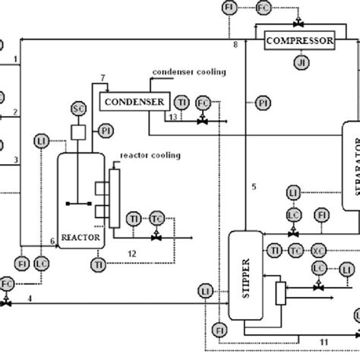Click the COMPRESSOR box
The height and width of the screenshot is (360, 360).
click(298, 39)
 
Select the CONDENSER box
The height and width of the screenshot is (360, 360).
click(125, 100)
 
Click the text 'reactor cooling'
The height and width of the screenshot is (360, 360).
click(150, 155)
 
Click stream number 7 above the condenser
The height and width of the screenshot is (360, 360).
click(104, 79)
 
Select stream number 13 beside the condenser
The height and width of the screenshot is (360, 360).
click(173, 117)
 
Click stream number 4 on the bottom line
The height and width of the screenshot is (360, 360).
click(30, 298)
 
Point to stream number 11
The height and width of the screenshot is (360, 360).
click(324, 342)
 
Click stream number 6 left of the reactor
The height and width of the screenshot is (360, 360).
click(52, 241)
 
